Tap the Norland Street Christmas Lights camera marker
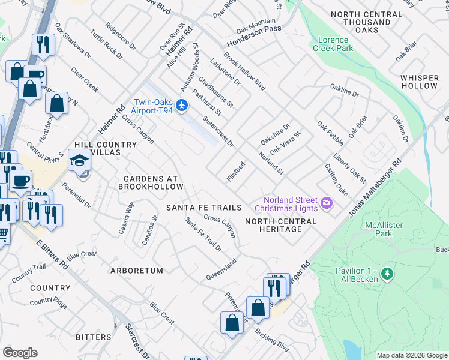[x=327, y=203]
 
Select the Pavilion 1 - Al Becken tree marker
[x=387, y=274]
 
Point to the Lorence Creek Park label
[x=334, y=44]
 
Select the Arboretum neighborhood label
[x=137, y=271]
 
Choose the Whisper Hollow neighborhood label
[x=420, y=82]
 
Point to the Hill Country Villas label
[x=97, y=149]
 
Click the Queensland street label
[x=221, y=269]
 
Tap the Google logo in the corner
[x=20, y=353]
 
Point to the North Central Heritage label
[x=281, y=225]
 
